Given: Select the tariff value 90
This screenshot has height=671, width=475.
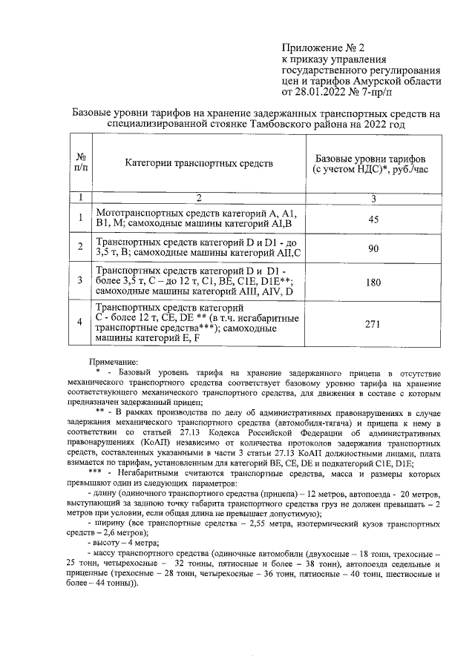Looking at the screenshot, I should click(373, 249).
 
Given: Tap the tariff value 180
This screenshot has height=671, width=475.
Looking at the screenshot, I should click(373, 282).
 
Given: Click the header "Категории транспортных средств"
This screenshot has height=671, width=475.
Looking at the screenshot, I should click(199, 162).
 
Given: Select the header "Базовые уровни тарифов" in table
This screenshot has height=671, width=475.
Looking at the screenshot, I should click(371, 159).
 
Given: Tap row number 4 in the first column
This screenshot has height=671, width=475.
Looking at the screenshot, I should click(81, 323).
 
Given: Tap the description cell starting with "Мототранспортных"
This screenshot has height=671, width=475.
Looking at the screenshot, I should click(196, 218).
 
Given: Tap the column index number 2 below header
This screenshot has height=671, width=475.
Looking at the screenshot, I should click(199, 197).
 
